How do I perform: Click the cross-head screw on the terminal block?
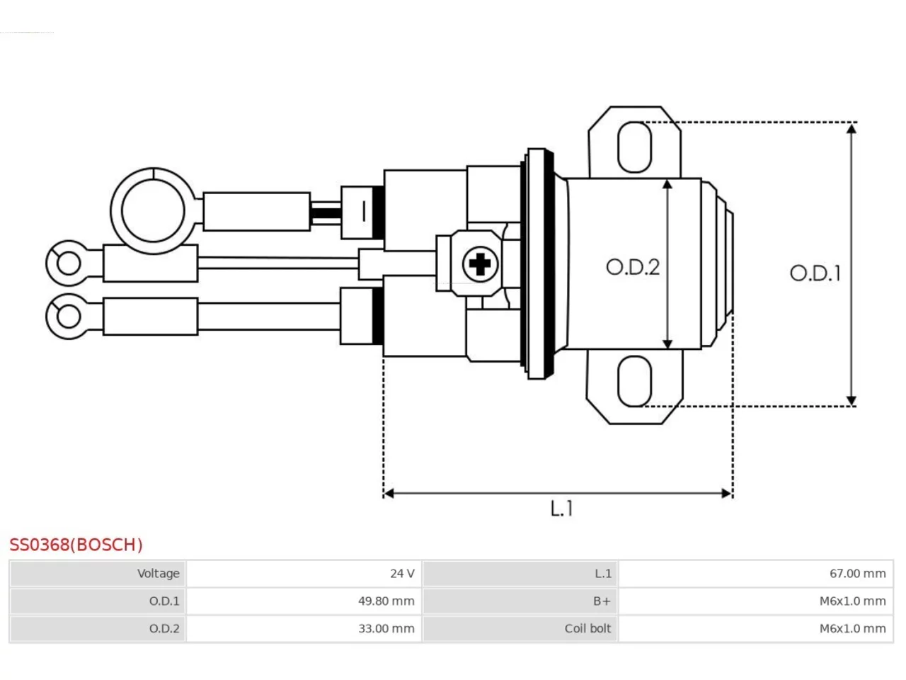pos(480,263)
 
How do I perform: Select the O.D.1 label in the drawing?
pos(815,273)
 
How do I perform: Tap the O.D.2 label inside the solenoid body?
pos(632,267)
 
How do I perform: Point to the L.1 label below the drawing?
pos(562,509)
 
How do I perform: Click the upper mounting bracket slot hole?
pos(634,147)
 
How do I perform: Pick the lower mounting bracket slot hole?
pos(634,380)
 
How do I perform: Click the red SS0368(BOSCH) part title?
pos(76,545)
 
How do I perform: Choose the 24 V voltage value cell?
pos(304,574)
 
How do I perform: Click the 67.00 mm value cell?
pos(755,574)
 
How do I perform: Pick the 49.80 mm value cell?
pos(304,601)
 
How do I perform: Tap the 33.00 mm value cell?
pos(304,628)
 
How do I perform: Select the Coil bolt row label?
pos(587,628)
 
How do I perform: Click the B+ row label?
pos(602,601)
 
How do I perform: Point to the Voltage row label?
pos(159,574)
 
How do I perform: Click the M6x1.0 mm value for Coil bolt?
pos(852,628)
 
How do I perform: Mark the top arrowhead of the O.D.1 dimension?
pos(851,128)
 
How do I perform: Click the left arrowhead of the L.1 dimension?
pos(389,494)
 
